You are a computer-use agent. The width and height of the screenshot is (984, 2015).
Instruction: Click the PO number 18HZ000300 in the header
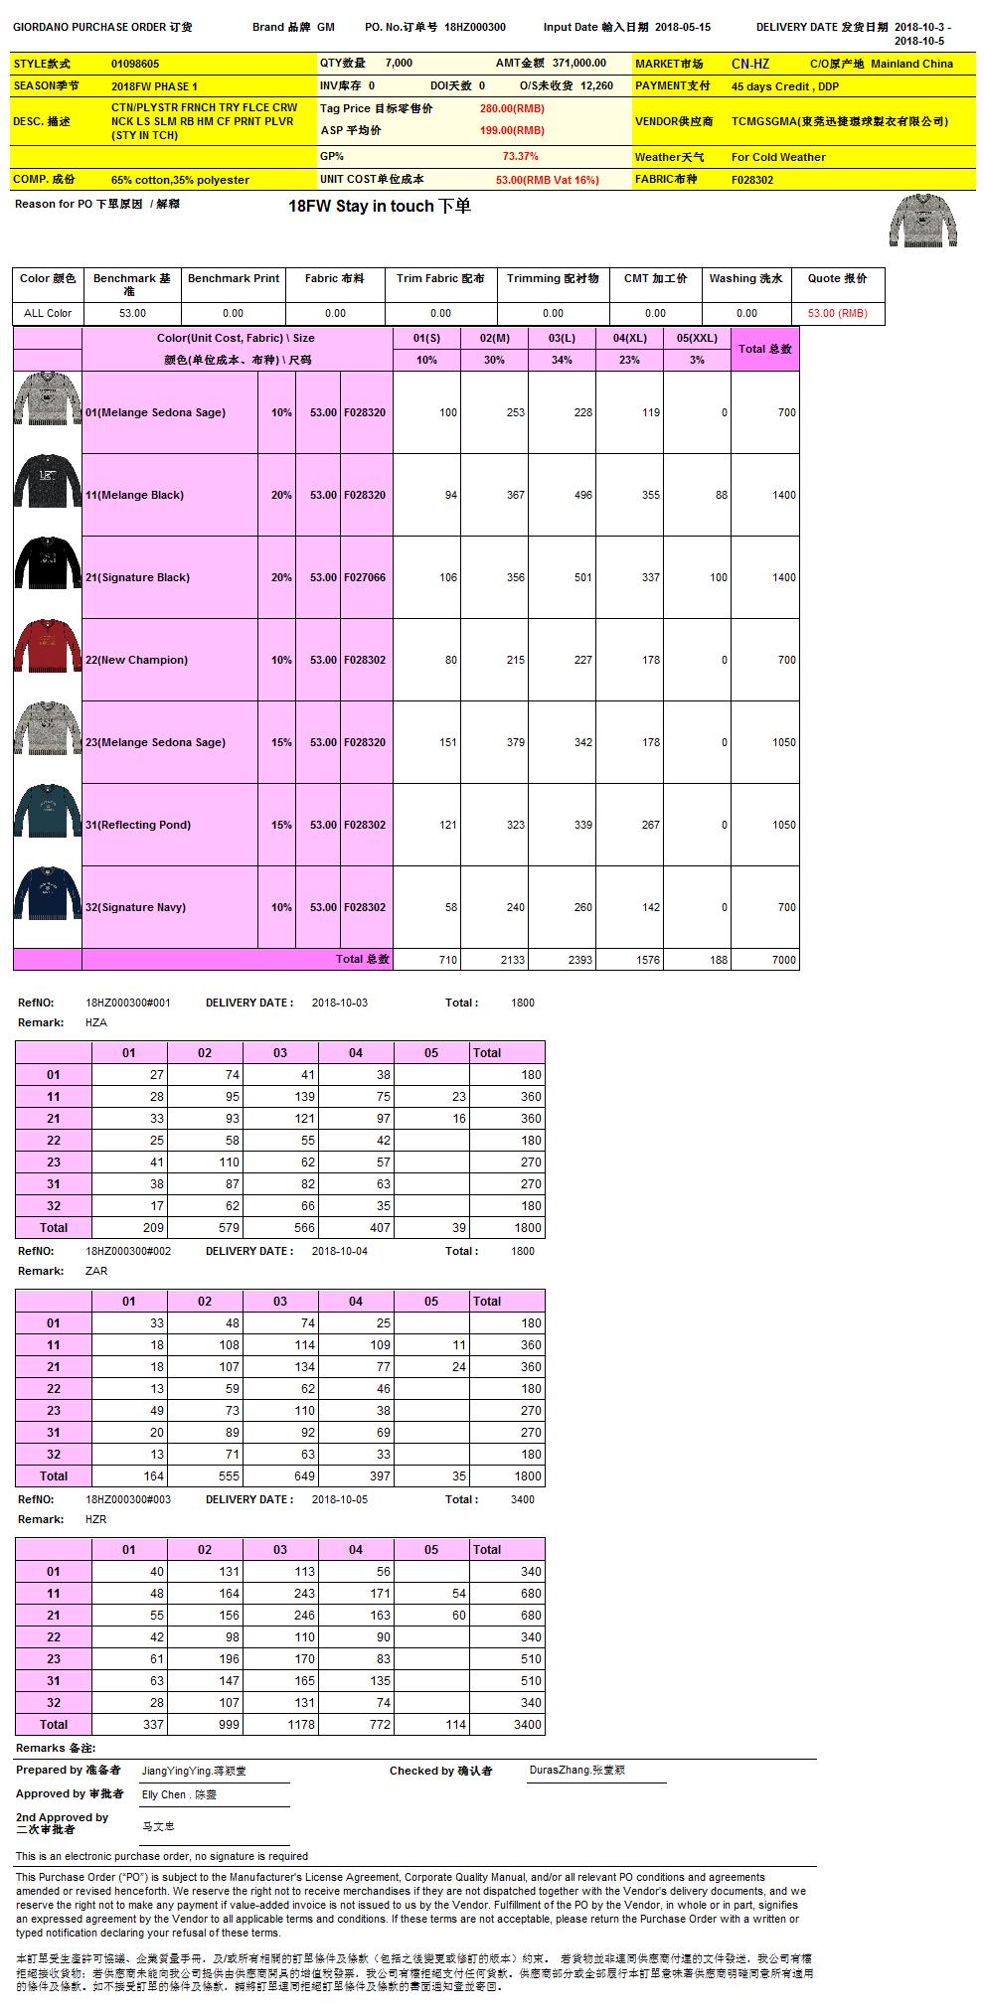[475, 28]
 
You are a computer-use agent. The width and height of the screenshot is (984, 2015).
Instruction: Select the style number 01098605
[135, 64]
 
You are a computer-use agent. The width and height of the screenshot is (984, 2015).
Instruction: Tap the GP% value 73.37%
[520, 156]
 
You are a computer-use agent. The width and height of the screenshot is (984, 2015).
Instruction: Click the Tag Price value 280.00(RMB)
[512, 108]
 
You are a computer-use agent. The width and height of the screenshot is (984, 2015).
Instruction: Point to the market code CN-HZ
[750, 64]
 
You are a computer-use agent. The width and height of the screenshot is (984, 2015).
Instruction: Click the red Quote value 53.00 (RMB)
[837, 313]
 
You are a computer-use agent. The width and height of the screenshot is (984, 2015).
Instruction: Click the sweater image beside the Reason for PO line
[922, 220]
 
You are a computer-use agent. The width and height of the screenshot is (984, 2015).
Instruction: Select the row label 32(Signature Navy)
[135, 907]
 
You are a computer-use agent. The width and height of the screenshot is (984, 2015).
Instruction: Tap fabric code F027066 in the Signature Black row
[365, 577]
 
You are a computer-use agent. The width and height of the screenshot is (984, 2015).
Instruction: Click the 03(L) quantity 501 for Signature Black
[582, 577]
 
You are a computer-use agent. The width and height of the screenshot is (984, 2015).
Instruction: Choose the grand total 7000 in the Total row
[783, 960]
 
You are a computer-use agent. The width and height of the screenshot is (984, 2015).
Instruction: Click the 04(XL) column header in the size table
[629, 338]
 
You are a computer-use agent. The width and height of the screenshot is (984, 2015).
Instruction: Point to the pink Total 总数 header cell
[764, 349]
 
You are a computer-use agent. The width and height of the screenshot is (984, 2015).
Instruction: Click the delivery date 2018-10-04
[340, 1251]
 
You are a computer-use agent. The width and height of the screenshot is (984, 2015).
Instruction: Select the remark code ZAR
[96, 1271]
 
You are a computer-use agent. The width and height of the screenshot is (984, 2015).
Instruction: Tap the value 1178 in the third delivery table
[301, 1725]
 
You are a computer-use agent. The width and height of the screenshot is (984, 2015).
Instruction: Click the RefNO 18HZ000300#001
[128, 1003]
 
